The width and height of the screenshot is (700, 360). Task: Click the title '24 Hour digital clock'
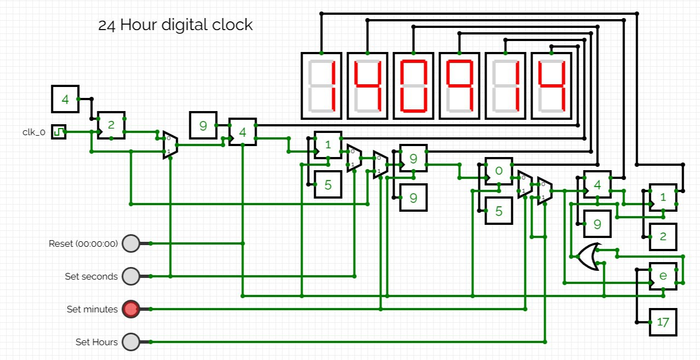pos(175,25)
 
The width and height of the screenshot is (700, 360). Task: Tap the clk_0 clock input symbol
pos(59,131)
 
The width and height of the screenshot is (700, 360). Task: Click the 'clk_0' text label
pos(34,132)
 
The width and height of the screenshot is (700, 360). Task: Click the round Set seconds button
pos(131,276)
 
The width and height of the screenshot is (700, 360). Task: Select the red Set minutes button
pos(131,309)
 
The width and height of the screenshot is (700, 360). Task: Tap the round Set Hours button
pos(131,342)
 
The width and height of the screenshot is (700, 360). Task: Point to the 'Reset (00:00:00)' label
pos(83,243)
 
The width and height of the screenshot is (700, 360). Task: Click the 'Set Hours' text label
pos(96,342)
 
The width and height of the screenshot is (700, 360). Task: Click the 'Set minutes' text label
pos(92,309)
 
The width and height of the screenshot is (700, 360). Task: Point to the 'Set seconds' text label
pos(91,276)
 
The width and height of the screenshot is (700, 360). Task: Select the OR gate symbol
pos(589,257)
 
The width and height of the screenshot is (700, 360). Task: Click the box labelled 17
pos(663,322)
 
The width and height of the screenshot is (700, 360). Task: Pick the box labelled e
pos(663,276)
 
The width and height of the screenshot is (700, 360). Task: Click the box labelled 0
pos(499,171)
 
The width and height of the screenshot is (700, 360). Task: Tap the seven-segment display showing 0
pos(413,85)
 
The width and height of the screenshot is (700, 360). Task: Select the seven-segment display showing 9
pos(459,85)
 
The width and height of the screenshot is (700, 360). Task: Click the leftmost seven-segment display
pos(321,85)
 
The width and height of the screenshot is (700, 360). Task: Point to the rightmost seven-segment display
pos(551,85)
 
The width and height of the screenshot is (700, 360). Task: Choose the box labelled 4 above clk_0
pos(65,99)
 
